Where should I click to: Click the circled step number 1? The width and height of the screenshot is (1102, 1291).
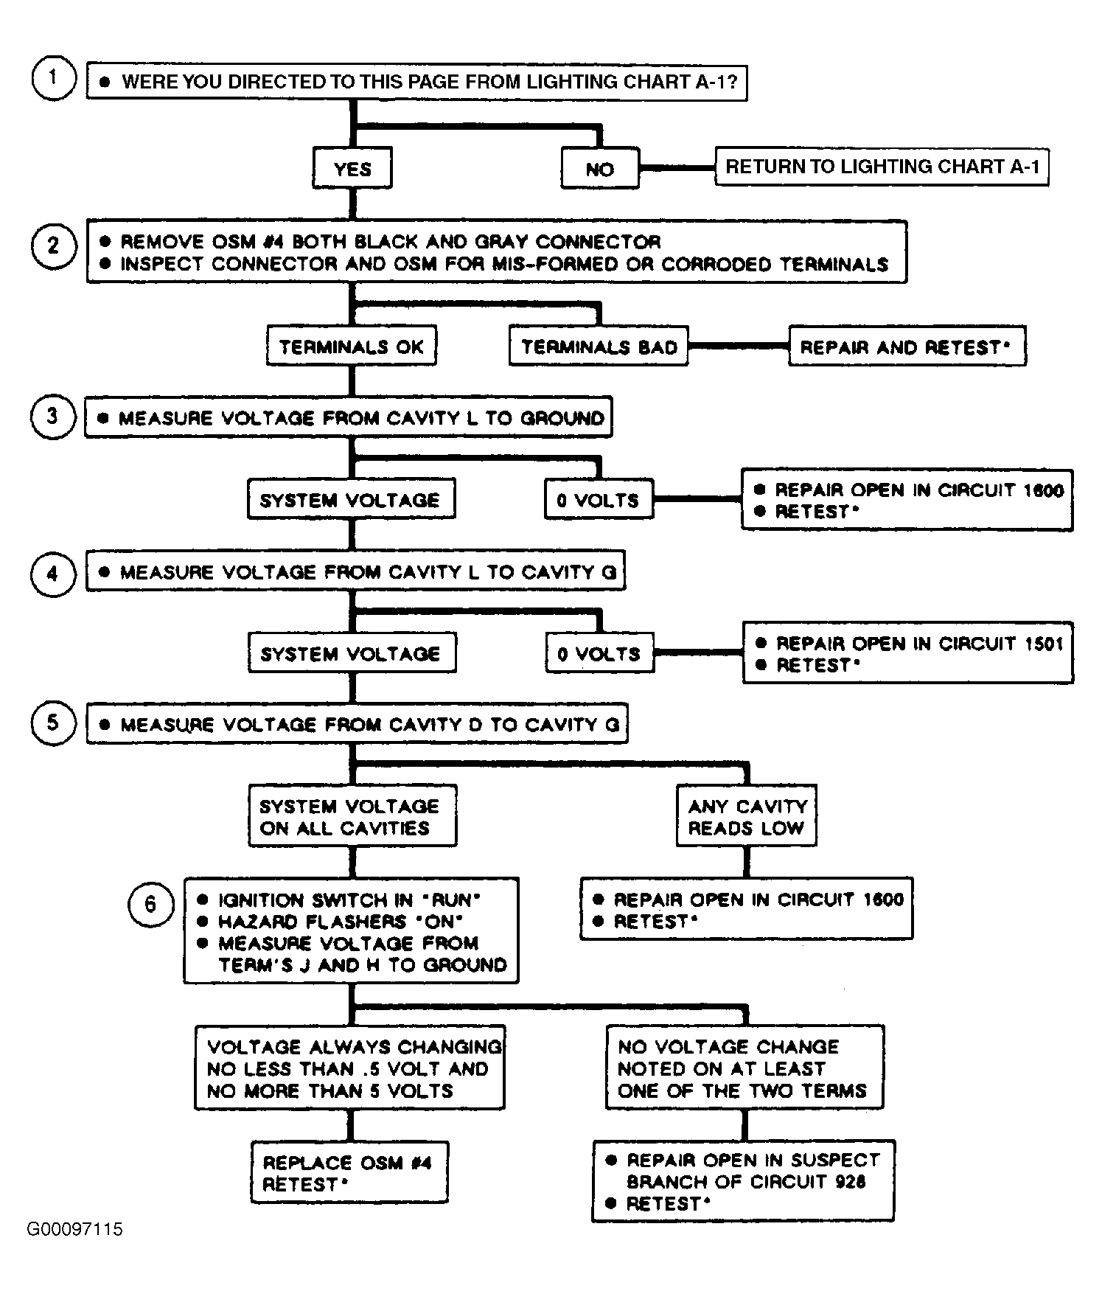[53, 77]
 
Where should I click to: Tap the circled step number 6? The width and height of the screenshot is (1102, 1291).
[150, 904]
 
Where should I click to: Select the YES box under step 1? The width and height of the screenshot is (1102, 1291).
[352, 169]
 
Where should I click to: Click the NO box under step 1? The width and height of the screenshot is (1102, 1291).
[600, 169]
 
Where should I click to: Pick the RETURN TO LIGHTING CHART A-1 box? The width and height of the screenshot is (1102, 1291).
[882, 167]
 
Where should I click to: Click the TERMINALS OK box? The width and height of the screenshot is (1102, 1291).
[351, 346]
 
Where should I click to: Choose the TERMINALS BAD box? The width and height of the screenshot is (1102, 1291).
[599, 346]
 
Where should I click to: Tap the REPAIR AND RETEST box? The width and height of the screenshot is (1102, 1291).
[907, 346]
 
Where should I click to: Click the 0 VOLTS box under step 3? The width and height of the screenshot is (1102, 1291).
[599, 500]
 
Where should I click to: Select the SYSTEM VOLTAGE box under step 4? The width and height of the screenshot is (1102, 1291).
[352, 653]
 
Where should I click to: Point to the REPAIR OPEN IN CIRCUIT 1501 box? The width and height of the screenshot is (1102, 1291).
[907, 653]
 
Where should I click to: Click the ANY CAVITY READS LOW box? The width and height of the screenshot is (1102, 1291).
[747, 816]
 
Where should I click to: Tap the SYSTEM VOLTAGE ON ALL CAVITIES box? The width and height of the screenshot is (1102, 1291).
[352, 816]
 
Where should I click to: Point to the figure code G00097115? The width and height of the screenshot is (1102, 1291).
[74, 1229]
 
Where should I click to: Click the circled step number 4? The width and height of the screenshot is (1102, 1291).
[53, 573]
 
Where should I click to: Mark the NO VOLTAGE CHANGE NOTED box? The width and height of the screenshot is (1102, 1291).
[744, 1068]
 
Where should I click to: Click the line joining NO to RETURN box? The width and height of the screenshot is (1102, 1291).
[677, 168]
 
